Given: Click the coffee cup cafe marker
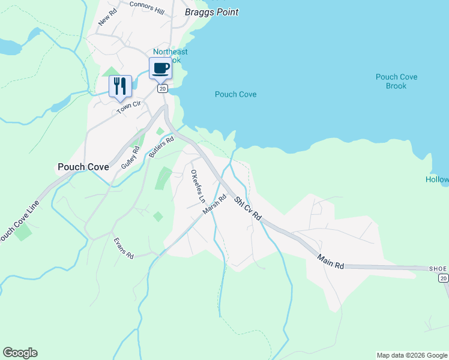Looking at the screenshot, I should tap(160, 68).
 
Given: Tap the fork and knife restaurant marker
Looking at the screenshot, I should tap(119, 86).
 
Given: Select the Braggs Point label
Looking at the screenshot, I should tap(211, 12).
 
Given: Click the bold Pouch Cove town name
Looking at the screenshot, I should tap(83, 167).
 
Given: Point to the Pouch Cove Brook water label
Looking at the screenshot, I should tap(396, 82).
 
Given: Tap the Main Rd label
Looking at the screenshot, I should tap(331, 262).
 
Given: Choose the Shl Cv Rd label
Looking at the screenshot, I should tap(248, 208).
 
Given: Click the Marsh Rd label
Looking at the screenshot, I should tap(214, 205).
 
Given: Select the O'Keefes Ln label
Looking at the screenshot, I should tap(197, 185).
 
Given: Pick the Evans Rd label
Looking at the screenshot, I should tap(123, 248).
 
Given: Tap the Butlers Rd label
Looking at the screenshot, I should tap(161, 146).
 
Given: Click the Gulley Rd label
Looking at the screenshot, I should tap(130, 158).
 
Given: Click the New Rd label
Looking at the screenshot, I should tap(106, 19).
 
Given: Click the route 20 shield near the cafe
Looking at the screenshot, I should tap(162, 88).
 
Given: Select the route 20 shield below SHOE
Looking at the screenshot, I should tap(443, 278).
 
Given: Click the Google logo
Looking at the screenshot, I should tap(20, 353).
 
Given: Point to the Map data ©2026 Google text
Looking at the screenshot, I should tap(412, 355).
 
